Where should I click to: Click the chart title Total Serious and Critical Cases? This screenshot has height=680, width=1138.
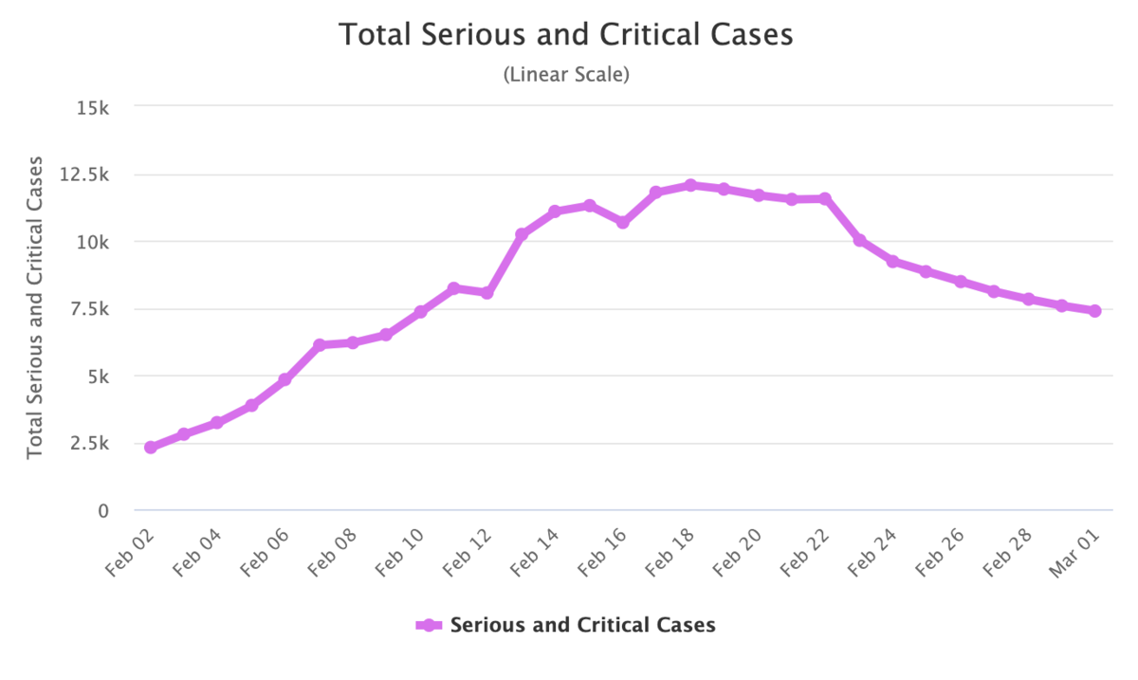coord(566,35)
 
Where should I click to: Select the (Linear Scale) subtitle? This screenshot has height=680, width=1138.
coord(566,75)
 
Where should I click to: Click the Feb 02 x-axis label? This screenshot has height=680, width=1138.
coord(131,551)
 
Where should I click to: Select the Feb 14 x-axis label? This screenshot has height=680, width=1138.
coord(535,551)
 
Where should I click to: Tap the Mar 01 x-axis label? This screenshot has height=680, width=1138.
coord(1074,551)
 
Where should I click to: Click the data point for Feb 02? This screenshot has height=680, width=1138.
coord(151,447)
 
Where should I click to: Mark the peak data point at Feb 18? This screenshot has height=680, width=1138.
coord(690,186)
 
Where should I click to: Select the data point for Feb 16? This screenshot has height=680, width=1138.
coord(623,222)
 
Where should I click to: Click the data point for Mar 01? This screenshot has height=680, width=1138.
coord(1094,310)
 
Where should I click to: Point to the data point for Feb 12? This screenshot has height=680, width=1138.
coord(487,293)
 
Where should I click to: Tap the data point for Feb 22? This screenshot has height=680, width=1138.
coord(825,198)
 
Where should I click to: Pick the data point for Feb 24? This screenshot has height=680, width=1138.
coord(892,261)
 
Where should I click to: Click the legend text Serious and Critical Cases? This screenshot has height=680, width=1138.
coord(582,625)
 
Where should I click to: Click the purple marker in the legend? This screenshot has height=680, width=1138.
coord(429,625)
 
